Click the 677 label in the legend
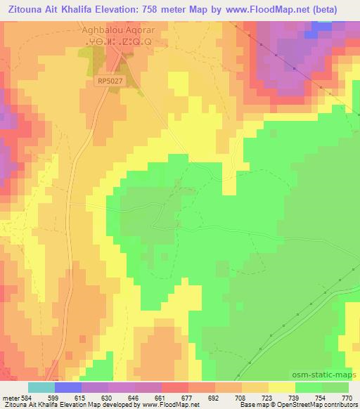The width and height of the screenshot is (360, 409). [188, 397]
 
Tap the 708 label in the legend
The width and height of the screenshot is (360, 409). [241, 397]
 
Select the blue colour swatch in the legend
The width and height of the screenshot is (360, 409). [68, 387]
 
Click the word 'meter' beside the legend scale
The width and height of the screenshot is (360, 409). [10, 397]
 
